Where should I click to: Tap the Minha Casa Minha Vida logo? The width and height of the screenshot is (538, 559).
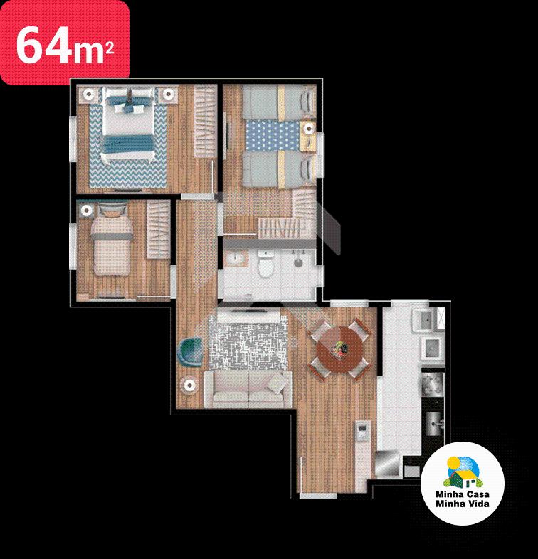tap(463, 483)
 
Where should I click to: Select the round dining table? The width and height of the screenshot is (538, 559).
tap(339, 350)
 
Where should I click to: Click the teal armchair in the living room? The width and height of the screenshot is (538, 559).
tap(190, 352)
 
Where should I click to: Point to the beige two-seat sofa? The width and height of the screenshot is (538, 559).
tap(248, 389)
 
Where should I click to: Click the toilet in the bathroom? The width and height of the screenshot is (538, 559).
tap(265, 264)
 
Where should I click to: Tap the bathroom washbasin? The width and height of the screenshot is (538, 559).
tap(236, 258)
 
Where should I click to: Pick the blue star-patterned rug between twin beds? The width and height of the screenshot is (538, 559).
tap(273, 135)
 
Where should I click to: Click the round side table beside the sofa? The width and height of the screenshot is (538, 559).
tap(189, 385)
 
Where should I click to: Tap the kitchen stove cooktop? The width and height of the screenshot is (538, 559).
tap(433, 385)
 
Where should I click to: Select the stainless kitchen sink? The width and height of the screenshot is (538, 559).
tap(434, 424)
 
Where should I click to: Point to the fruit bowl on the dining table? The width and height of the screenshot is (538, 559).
tap(339, 348)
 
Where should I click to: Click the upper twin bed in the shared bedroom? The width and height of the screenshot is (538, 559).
tap(278, 103)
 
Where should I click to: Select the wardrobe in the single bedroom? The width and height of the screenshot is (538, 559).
tap(159, 229)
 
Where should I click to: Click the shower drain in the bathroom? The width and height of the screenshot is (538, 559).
tap(298, 262)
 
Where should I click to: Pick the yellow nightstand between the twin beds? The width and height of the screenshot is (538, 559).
tap(308, 136)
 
